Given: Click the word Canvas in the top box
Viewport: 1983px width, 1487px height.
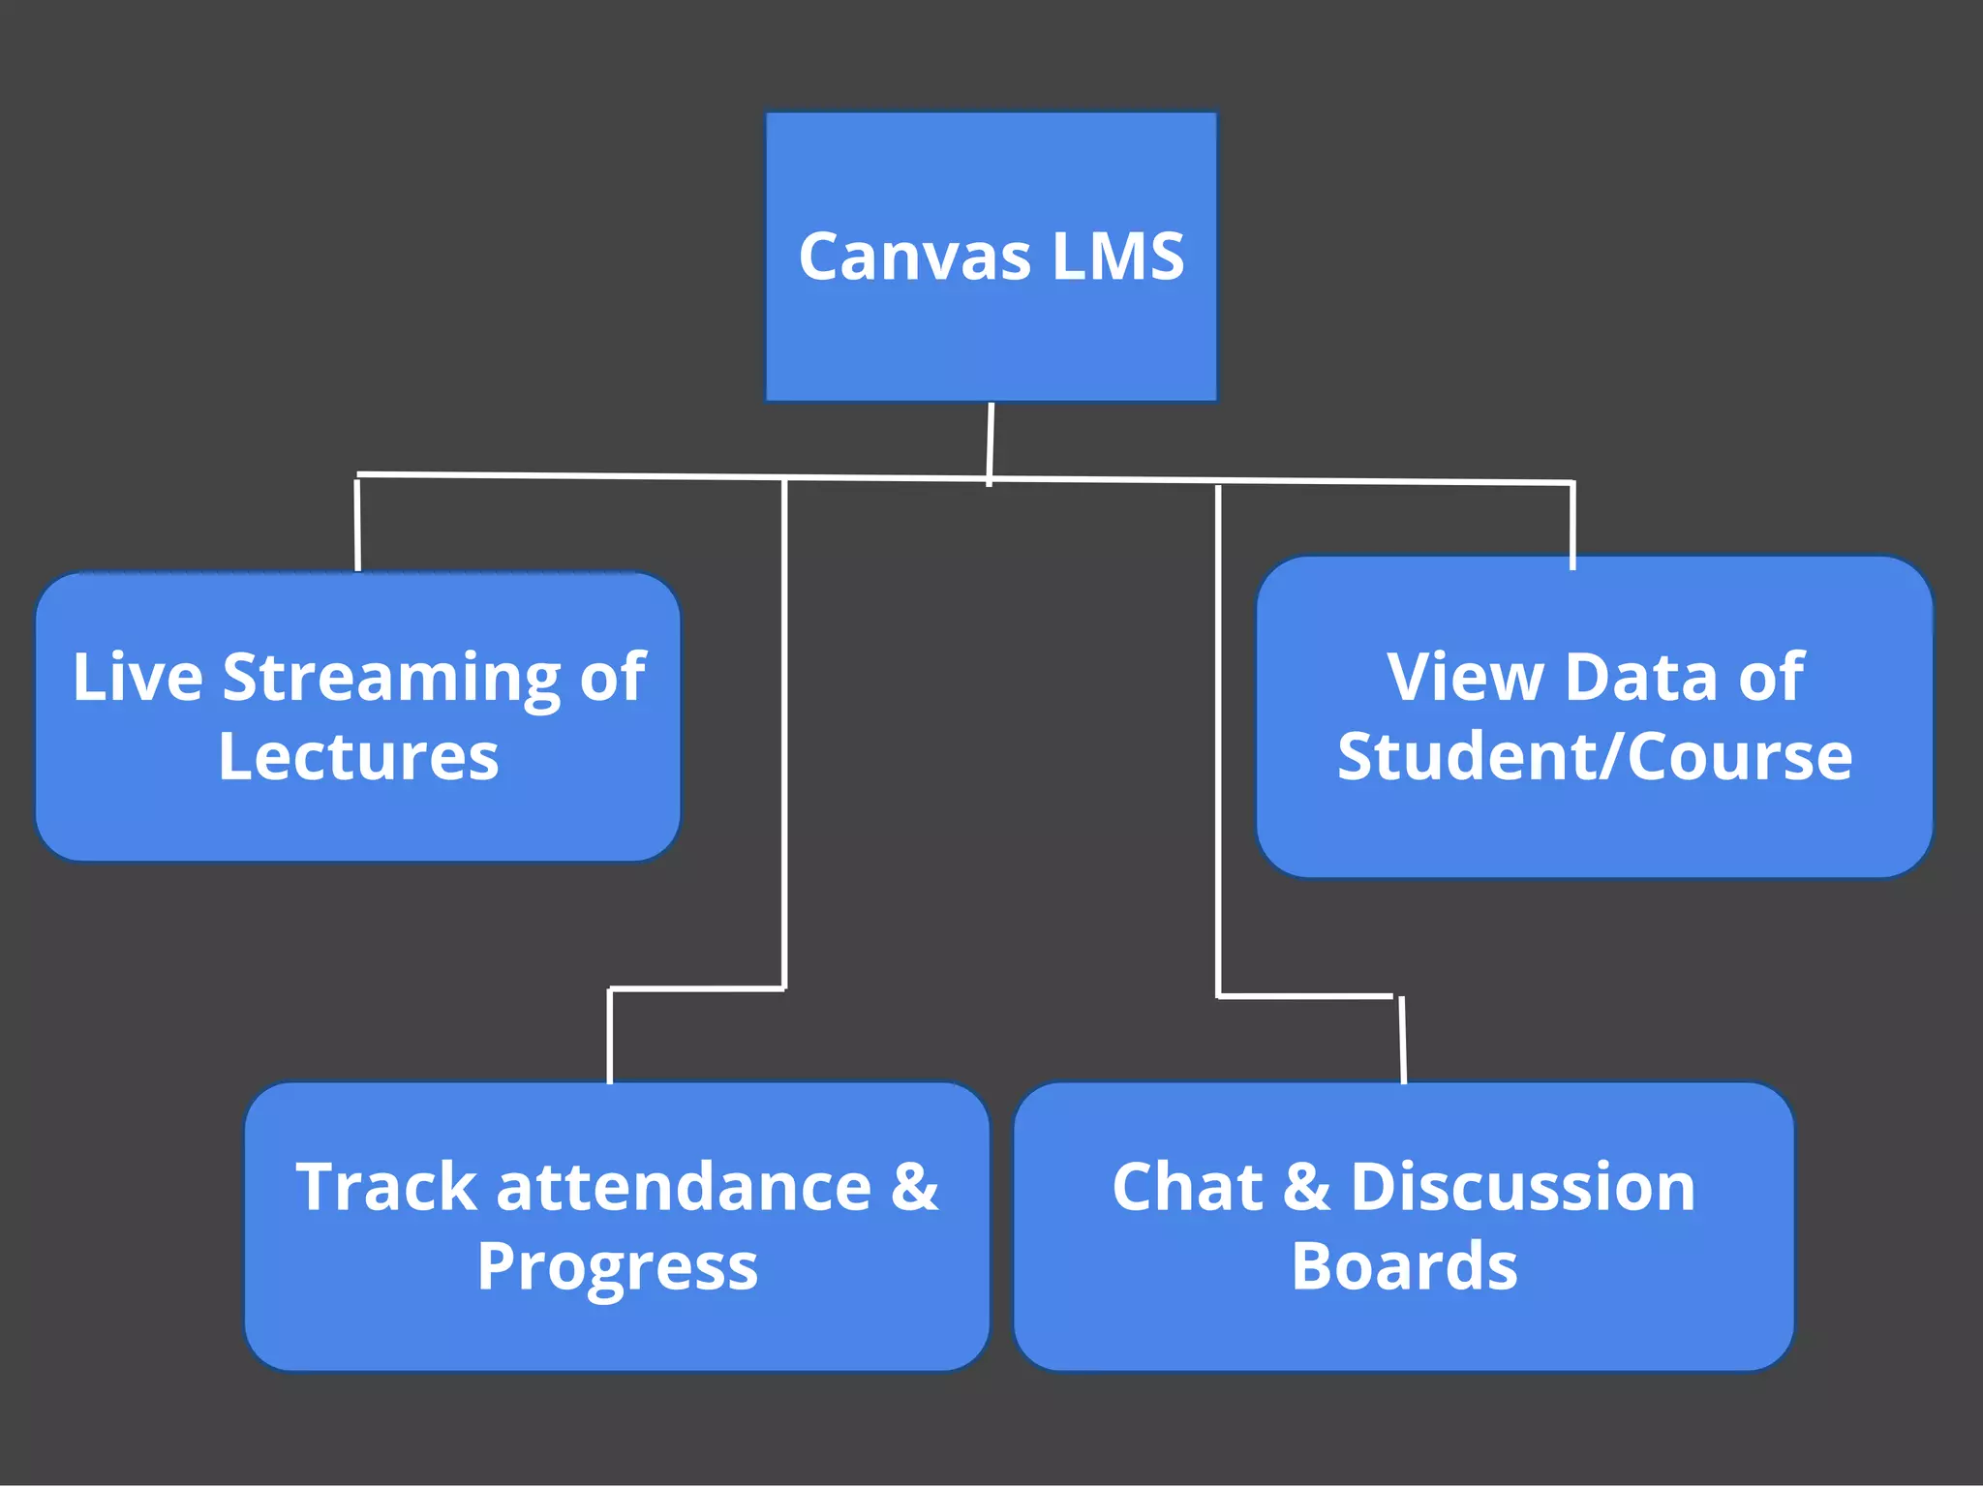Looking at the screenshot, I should [x=914, y=258].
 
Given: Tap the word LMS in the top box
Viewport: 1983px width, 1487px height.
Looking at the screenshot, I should [x=1117, y=258].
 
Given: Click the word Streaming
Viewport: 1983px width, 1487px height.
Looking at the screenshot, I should [x=391, y=678].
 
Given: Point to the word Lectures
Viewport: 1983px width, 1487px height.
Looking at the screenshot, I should [x=358, y=756].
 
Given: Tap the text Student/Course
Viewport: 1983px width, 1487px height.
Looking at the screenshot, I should [x=1594, y=756].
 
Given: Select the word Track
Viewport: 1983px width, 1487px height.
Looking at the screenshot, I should [x=385, y=1187].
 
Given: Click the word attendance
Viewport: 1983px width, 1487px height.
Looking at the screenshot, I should [x=684, y=1187].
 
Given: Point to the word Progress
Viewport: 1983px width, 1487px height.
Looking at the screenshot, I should [x=617, y=1267].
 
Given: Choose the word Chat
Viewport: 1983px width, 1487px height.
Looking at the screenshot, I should [x=1187, y=1187].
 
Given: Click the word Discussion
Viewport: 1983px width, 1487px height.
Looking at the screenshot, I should [x=1522, y=1187].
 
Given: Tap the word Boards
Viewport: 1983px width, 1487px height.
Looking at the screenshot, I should [x=1404, y=1266].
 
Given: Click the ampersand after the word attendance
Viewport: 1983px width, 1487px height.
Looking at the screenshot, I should [x=914, y=1187].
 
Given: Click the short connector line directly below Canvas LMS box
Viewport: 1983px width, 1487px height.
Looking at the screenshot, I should [x=991, y=440].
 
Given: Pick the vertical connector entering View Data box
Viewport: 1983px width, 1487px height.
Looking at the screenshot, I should [x=1571, y=525].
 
